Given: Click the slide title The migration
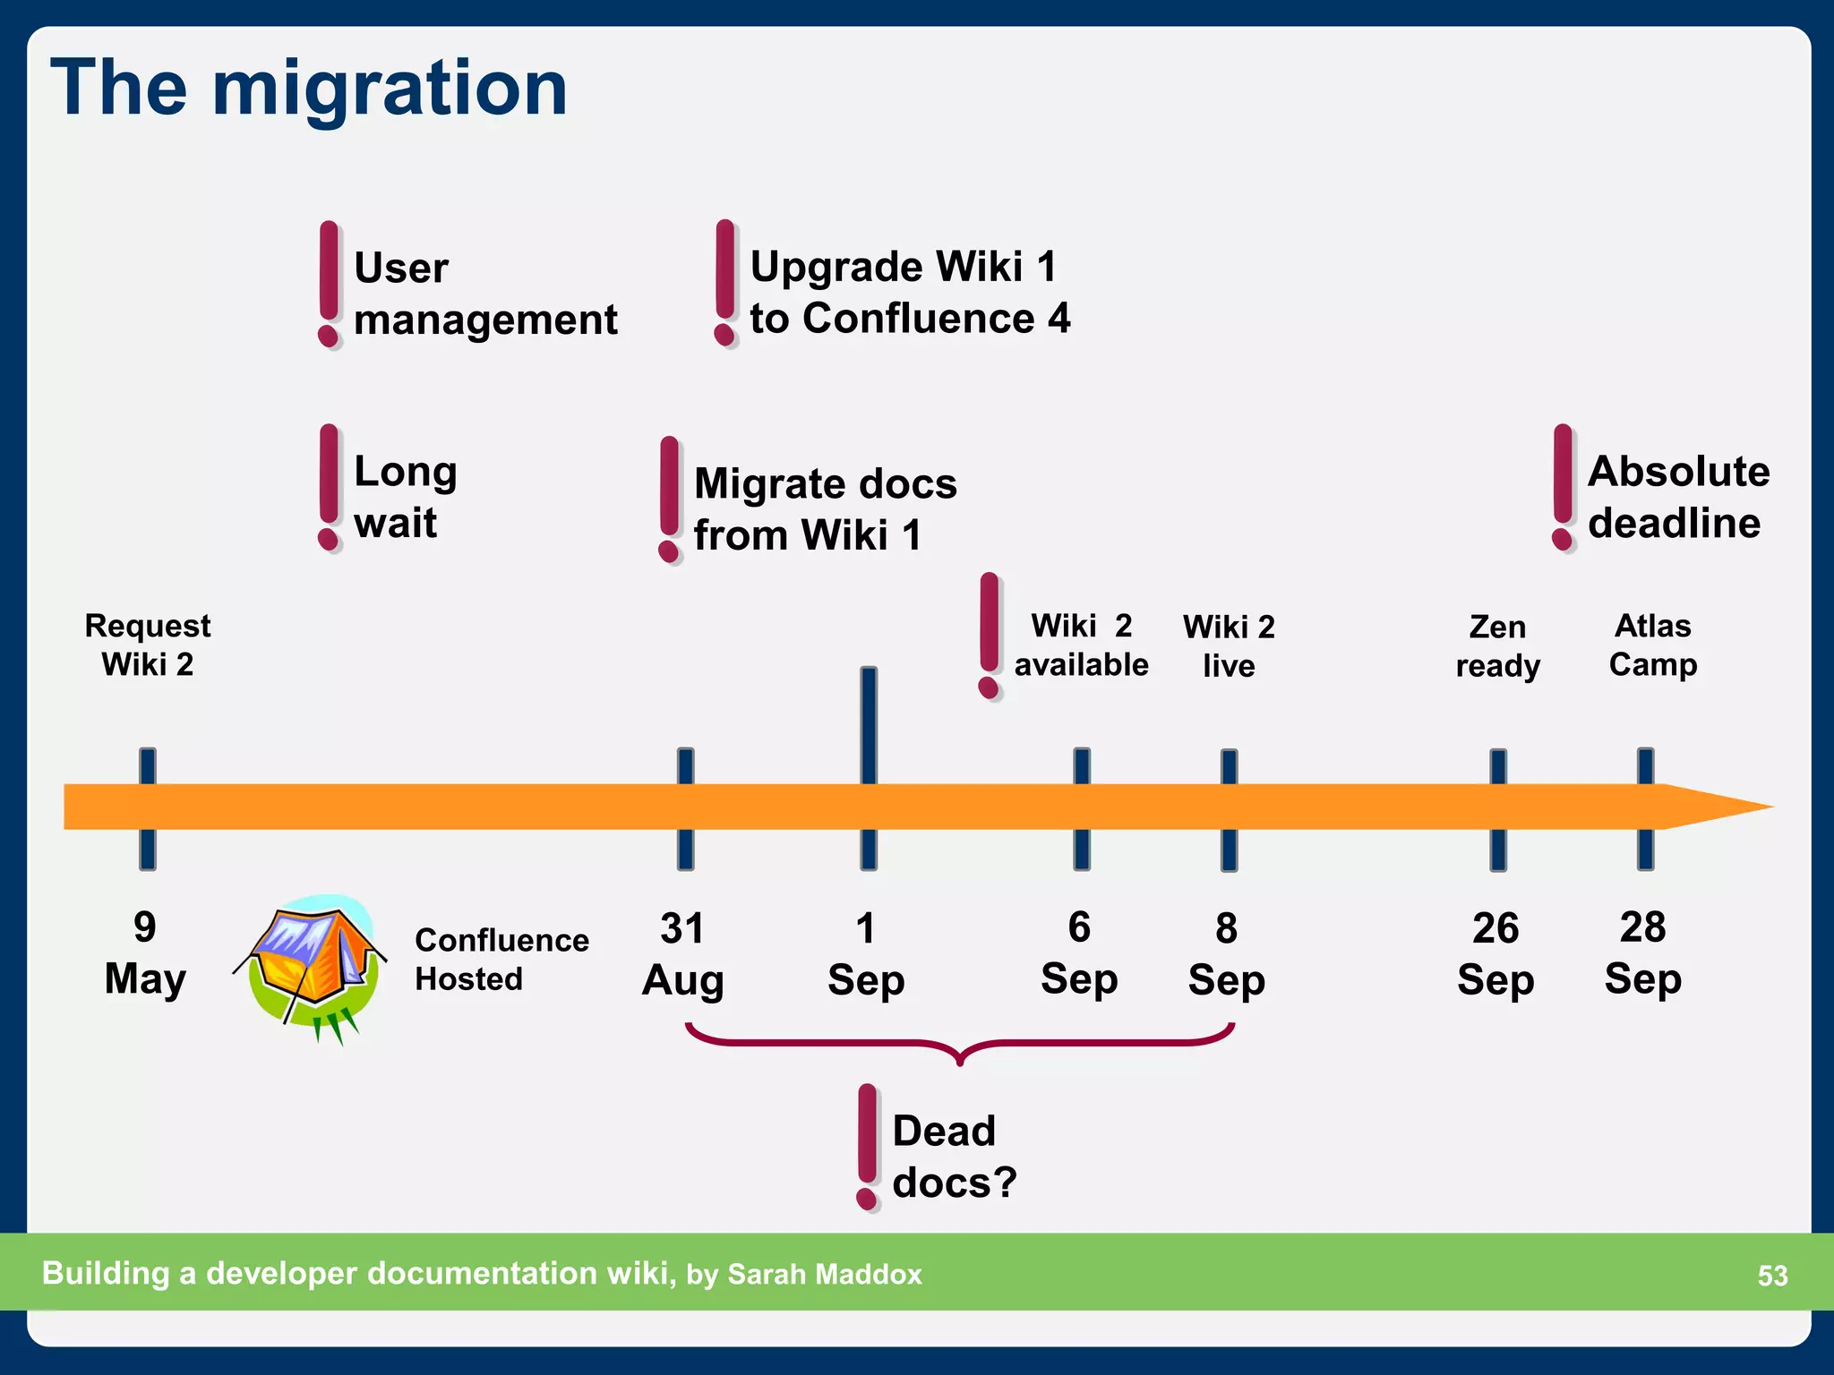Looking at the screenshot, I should click(309, 88).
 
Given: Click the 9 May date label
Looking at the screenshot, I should click(145, 952).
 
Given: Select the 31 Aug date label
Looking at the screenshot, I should click(683, 953).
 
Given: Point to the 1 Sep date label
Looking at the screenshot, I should click(866, 953).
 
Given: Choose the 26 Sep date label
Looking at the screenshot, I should click(1495, 953).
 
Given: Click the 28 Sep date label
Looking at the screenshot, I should click(1643, 952).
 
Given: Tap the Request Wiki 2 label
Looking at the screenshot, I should click(148, 645).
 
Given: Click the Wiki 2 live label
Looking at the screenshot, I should click(1229, 645).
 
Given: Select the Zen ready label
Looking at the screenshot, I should click(1498, 645).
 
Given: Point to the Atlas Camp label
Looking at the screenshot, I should click(1653, 645).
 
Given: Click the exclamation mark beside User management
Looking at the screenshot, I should click(330, 284).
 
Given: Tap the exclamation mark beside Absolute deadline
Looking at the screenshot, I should click(1563, 487).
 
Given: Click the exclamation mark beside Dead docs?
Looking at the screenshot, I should click(867, 1147).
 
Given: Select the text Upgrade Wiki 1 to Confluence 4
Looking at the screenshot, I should click(910, 292).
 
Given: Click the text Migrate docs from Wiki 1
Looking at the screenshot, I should click(826, 508).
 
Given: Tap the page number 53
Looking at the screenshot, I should click(1772, 1275).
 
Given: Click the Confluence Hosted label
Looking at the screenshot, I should click(501, 959).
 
